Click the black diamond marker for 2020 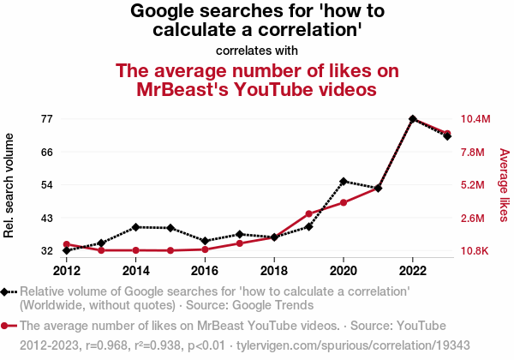point(344,181)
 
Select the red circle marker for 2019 point(308,213)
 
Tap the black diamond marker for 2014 point(135,227)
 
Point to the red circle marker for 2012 point(66,244)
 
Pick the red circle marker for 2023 point(448,134)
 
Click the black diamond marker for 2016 point(205,241)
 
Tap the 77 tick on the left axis point(46,118)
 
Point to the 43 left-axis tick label point(46,218)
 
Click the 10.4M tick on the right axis point(475,118)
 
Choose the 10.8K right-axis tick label point(475,251)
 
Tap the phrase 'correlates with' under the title point(257,50)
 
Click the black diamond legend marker point(6,291)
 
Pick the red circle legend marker point(6,327)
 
